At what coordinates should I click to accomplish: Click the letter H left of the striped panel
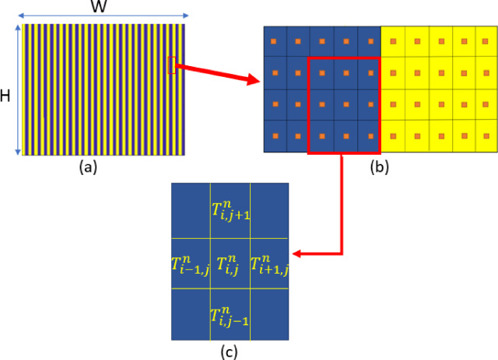pyautogui.click(x=6, y=96)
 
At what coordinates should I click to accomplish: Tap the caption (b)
pyautogui.click(x=380, y=166)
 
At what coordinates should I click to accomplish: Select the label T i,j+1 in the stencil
pyautogui.click(x=230, y=209)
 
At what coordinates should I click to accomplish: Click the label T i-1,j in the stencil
pyautogui.click(x=190, y=264)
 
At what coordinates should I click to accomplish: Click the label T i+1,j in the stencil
pyautogui.click(x=268, y=264)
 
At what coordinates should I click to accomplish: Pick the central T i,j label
pyautogui.click(x=230, y=264)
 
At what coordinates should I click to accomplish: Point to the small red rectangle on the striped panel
pyautogui.click(x=171, y=65)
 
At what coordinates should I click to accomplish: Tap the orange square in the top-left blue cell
pyautogui.click(x=274, y=40)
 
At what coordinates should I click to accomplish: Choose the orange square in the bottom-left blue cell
pyautogui.click(x=274, y=136)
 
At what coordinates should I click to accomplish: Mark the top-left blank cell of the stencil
pyautogui.click(x=191, y=210)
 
